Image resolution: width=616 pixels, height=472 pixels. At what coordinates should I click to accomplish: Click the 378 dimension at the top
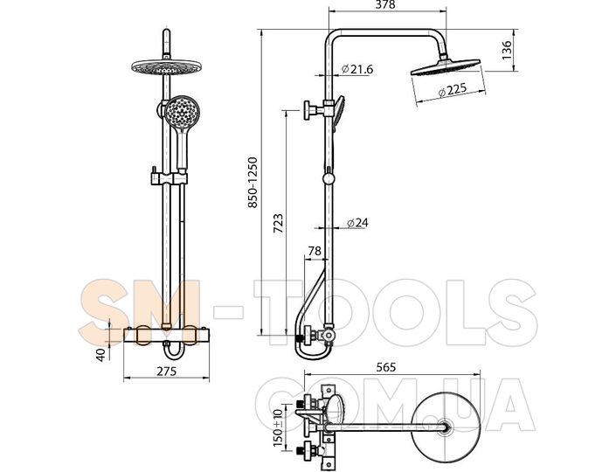[385, 4]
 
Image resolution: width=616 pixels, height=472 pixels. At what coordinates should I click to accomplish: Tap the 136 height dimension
[507, 50]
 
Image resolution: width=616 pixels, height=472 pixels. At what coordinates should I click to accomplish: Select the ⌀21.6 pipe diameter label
[357, 69]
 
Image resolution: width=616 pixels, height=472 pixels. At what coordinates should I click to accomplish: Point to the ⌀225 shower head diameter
[453, 90]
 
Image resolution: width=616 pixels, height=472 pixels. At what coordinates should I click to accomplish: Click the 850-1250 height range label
[253, 183]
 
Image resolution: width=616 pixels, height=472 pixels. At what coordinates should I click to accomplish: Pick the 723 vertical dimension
[278, 224]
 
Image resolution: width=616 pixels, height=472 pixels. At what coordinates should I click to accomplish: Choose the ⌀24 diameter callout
[357, 223]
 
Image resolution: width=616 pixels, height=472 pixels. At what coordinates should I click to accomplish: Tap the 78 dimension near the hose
[315, 251]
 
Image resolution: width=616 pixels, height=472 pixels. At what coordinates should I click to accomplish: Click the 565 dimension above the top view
[386, 367]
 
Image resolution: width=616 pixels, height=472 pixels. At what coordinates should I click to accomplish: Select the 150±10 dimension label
[278, 427]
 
